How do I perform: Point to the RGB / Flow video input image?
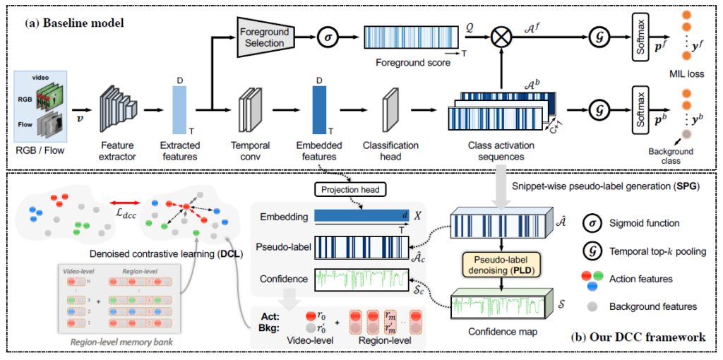(40, 106)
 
